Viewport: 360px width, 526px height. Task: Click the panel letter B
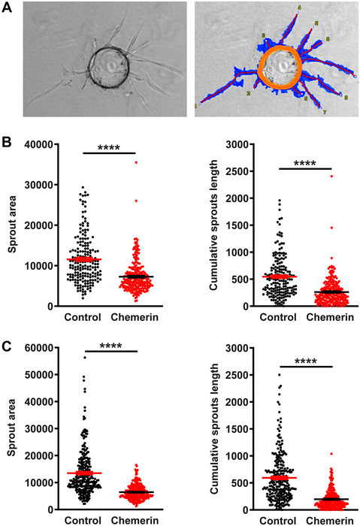click(x=7, y=141)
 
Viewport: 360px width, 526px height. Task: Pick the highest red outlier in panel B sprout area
click(x=136, y=162)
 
